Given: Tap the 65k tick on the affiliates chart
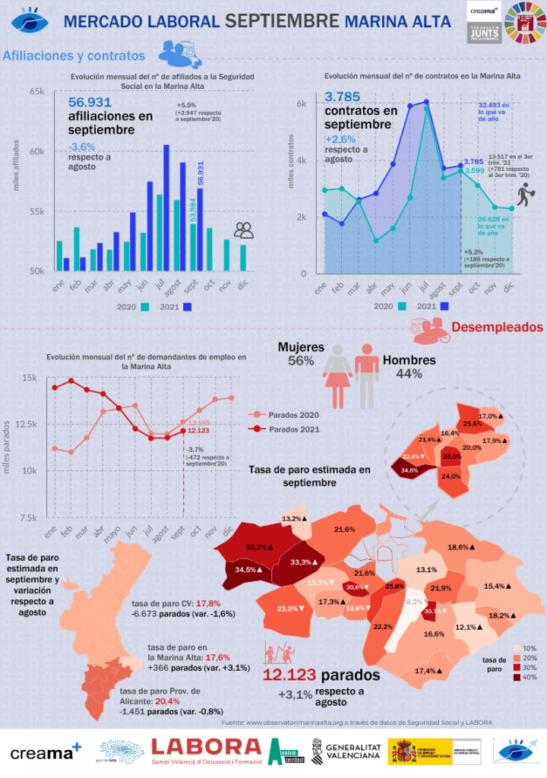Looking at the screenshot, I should click(36, 92).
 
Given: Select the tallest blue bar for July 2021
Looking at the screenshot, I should click(166, 207).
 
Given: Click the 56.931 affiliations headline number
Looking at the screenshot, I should click(90, 103).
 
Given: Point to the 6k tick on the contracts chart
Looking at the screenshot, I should click(301, 104).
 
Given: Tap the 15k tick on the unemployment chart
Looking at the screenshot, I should click(30, 378).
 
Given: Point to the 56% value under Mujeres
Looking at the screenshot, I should click(301, 362).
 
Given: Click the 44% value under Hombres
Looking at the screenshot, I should click(409, 374).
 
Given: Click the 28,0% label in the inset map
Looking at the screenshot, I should click(451, 457).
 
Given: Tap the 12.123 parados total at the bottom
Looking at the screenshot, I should click(289, 675).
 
